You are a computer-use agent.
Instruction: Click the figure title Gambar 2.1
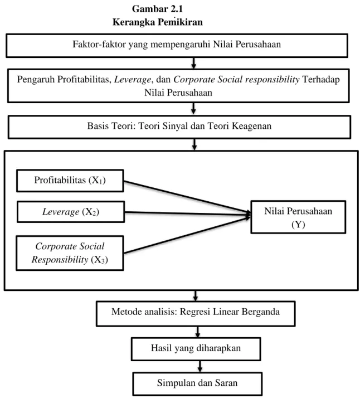pyautogui.click(x=157, y=9)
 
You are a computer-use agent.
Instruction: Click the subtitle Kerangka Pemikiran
pyautogui.click(x=158, y=22)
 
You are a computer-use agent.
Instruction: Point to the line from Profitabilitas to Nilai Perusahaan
pyautogui.click(x=187, y=197)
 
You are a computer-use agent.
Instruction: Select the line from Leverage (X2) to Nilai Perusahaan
pyautogui.click(x=188, y=213)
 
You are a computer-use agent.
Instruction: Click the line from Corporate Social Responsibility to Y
pyautogui.click(x=187, y=235)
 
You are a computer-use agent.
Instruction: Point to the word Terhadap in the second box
pyautogui.click(x=321, y=80)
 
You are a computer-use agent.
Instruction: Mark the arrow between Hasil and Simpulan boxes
pyautogui.click(x=200, y=366)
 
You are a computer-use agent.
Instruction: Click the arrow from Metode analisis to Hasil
pyautogui.click(x=198, y=332)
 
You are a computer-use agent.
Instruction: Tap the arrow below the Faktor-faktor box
pyautogui.click(x=193, y=63)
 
